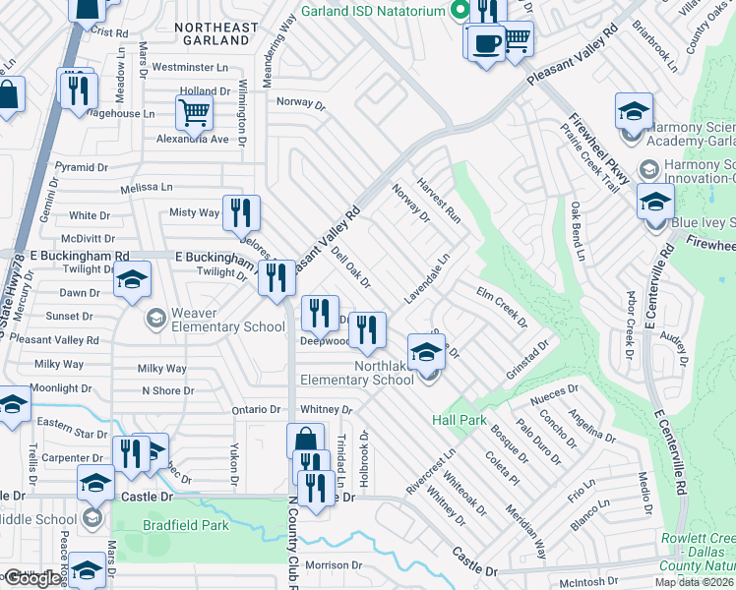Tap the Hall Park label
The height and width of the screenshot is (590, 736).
tap(460, 420)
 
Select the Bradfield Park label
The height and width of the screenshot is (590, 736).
tap(185, 525)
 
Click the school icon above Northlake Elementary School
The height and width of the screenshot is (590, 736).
tap(426, 351)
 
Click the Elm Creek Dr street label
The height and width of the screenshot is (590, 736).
tap(501, 307)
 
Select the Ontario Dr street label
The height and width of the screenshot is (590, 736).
tap(257, 409)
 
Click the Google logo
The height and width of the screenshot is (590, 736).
tap(31, 578)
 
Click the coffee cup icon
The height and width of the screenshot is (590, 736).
tap(486, 43)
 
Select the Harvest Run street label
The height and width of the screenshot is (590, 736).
tap(439, 199)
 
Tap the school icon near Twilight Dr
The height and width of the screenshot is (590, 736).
tap(132, 280)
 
